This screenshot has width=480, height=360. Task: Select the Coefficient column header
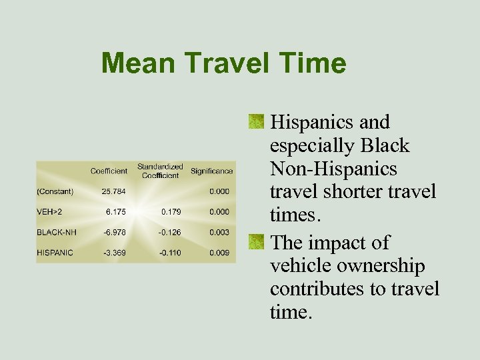109,171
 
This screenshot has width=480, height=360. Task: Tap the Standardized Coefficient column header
160,171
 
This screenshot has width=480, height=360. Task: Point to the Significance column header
212,171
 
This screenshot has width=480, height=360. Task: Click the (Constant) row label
55,192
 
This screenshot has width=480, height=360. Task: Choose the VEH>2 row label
52,212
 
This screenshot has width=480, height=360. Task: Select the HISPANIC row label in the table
55,253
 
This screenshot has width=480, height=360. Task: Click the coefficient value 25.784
114,192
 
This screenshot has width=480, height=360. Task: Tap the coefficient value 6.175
116,212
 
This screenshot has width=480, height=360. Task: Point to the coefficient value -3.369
115,253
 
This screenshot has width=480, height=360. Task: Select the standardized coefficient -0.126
169,233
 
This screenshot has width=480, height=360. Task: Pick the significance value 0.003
219,233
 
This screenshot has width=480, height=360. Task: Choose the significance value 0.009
219,253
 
